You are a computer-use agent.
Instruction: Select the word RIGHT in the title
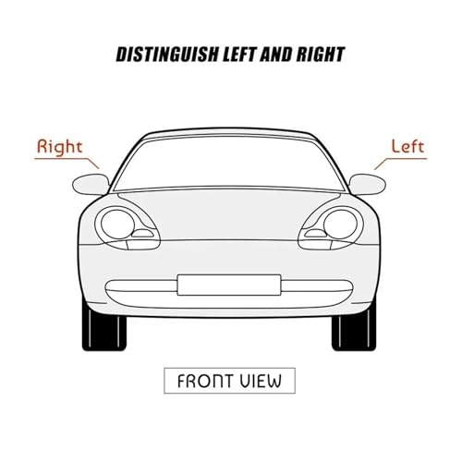click(321, 55)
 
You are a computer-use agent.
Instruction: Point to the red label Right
click(59, 147)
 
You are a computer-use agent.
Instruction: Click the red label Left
click(407, 146)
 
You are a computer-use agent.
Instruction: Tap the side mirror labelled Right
click(91, 184)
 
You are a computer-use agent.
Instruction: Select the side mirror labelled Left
click(368, 184)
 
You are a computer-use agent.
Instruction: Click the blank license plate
click(229, 285)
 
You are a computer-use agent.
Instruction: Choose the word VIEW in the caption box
click(261, 381)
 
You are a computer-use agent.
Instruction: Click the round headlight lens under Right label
click(117, 224)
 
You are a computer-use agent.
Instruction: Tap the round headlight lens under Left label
click(340, 224)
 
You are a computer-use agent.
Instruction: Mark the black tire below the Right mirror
click(103, 331)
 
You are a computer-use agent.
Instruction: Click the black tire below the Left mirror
click(354, 331)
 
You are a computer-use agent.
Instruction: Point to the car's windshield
click(228, 163)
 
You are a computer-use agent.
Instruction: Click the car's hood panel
click(228, 214)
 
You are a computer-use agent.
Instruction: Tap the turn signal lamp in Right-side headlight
click(142, 234)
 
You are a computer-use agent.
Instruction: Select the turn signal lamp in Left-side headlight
click(316, 234)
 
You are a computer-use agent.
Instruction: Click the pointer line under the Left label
click(401, 159)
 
